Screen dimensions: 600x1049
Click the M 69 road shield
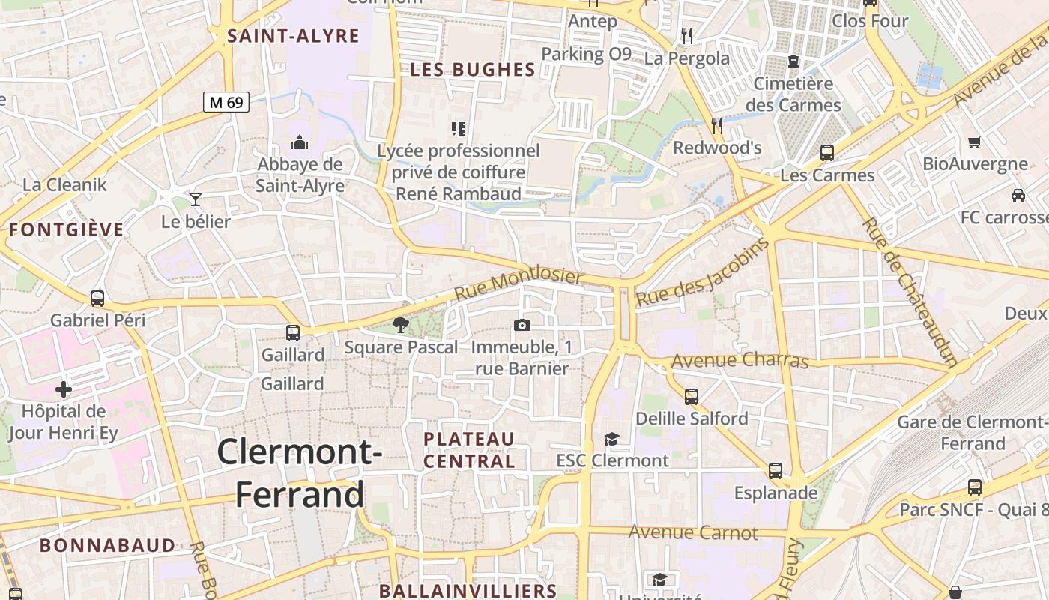(226, 102)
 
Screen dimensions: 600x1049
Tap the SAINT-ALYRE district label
(294, 35)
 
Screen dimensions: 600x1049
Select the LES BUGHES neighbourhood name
(473, 70)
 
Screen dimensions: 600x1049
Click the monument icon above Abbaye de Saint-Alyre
(300, 142)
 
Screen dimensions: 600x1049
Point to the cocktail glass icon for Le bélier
(196, 199)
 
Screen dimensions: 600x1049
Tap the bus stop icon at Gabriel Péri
(97, 298)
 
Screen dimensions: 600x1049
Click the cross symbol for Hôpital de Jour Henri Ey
(64, 389)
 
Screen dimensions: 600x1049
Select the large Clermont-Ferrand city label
(300, 473)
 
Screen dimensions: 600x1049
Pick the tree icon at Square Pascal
(401, 325)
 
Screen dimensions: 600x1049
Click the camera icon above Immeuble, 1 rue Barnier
(522, 325)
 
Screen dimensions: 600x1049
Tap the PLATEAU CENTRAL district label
(470, 450)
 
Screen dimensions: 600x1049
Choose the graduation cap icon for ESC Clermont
(612, 439)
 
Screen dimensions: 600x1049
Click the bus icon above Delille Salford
(692, 396)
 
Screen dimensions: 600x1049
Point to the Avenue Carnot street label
(693, 533)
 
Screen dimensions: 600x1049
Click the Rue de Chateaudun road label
(909, 292)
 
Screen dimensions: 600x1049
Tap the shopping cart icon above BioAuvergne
(975, 142)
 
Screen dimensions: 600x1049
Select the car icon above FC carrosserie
(1018, 196)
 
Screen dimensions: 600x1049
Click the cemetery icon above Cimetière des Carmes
(793, 61)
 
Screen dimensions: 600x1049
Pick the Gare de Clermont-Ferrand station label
(973, 433)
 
